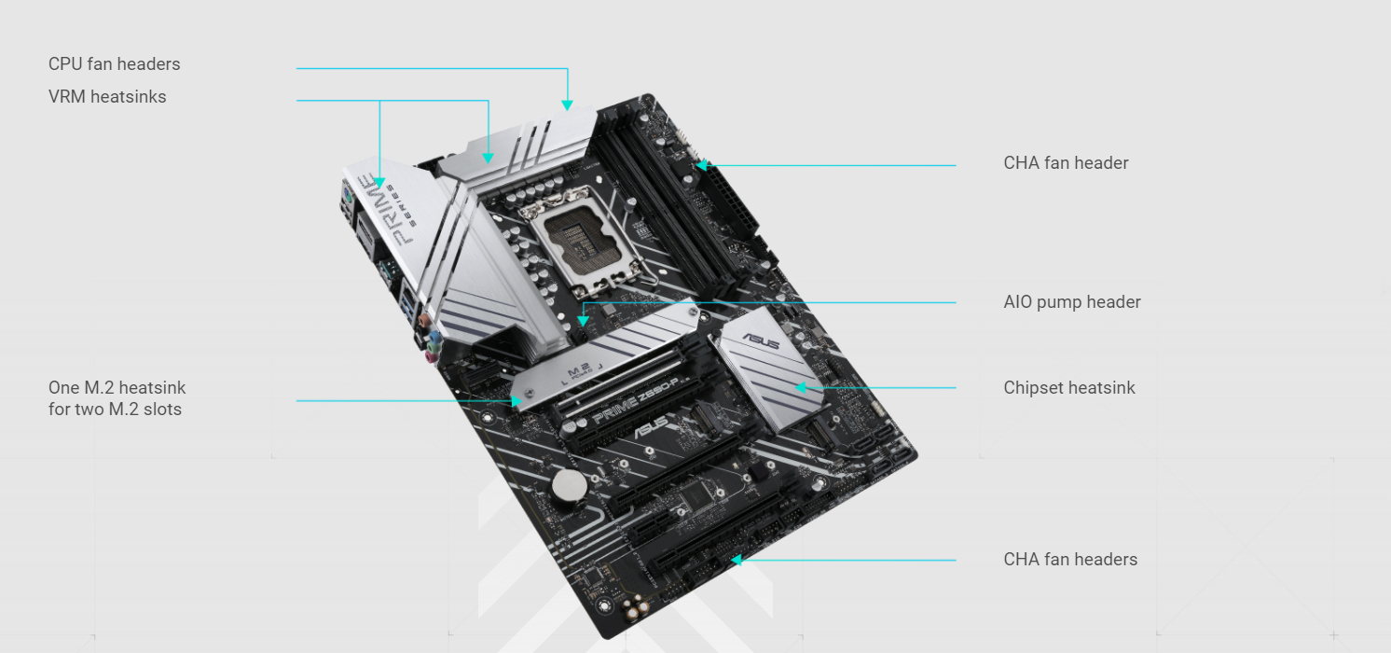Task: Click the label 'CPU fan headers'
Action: (115, 64)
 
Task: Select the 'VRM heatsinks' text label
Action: (107, 97)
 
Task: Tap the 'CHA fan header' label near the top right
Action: (1066, 163)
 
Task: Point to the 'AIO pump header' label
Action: (1072, 302)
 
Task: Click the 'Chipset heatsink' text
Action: (1068, 388)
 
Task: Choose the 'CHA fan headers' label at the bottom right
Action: (1070, 559)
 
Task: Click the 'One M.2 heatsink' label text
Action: (117, 388)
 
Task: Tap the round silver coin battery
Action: (570, 486)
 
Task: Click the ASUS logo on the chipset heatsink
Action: (762, 341)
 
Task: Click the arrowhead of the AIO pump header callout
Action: (583, 321)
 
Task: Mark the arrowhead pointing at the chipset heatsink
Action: (801, 388)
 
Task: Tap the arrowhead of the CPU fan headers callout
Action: (567, 105)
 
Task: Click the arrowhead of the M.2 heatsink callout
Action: (516, 401)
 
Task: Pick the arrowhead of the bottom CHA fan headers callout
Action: (736, 560)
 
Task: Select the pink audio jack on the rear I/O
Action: (431, 357)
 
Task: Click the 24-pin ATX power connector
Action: (735, 200)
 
